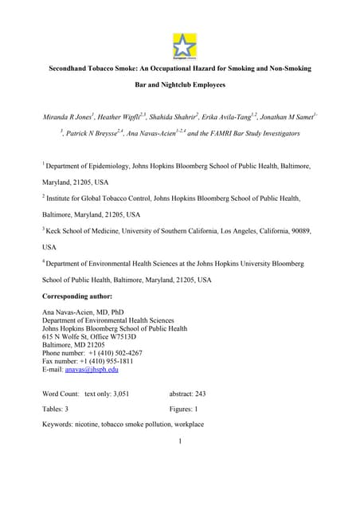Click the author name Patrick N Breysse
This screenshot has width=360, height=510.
[x=96, y=134]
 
